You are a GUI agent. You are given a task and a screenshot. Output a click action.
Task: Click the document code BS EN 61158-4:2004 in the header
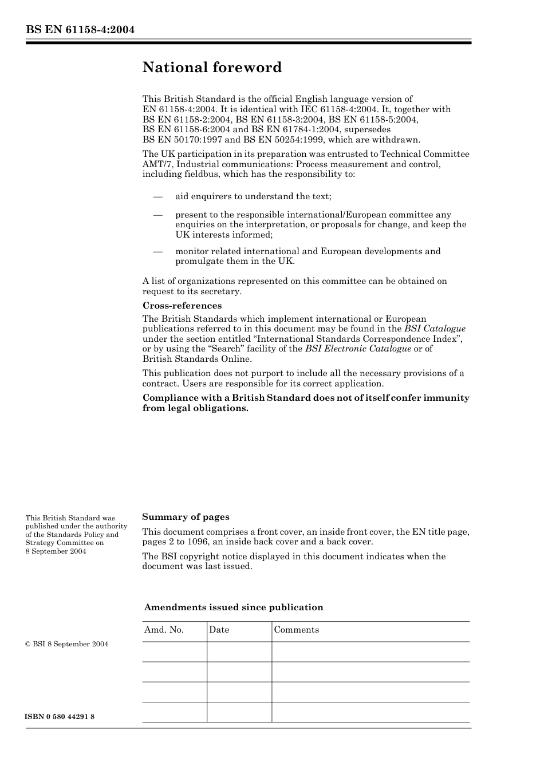[80, 30]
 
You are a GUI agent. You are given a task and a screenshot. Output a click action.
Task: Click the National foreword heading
[212, 68]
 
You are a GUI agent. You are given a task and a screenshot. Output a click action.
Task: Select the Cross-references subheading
[182, 305]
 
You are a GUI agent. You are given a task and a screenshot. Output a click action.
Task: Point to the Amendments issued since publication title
[234, 607]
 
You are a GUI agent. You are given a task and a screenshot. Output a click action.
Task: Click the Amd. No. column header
[164, 630]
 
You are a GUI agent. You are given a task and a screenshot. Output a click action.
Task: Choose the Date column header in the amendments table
[219, 630]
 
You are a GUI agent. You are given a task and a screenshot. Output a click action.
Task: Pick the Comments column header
[296, 630]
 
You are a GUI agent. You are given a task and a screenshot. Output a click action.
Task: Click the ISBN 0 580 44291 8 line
[60, 717]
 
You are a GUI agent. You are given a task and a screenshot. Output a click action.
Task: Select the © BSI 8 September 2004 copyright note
[66, 644]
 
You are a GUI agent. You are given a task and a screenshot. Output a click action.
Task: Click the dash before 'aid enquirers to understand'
[158, 196]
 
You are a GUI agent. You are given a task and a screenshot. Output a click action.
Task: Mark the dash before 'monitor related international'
[158, 251]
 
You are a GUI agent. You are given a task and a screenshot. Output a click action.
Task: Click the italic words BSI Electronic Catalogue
[358, 349]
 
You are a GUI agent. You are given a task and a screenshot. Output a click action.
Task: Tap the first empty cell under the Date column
[239, 651]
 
